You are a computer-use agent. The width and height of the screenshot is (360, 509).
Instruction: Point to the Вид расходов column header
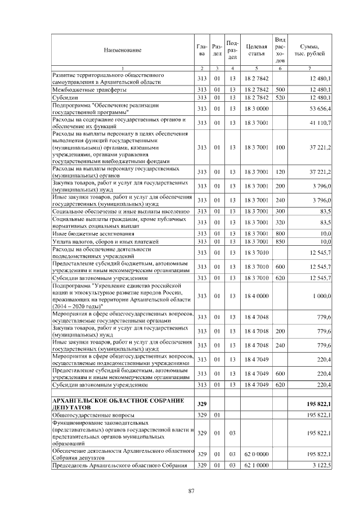click(280, 49)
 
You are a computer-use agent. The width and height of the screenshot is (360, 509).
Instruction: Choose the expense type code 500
click(280, 89)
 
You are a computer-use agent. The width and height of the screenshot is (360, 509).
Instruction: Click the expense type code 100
click(280, 147)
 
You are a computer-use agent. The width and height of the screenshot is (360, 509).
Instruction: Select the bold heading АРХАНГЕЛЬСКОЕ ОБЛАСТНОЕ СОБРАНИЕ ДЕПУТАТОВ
click(118, 403)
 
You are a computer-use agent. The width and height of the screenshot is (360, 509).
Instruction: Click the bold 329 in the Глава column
click(202, 403)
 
